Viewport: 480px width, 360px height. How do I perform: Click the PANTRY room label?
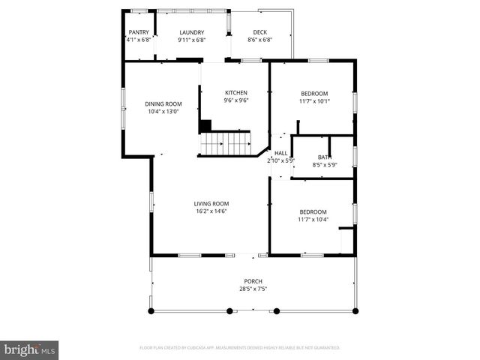tap(139, 32)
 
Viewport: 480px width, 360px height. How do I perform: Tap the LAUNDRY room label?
tap(191, 32)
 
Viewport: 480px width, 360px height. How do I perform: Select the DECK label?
tap(259, 32)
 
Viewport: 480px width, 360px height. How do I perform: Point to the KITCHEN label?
tap(236, 93)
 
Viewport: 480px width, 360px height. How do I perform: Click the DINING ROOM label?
tap(163, 104)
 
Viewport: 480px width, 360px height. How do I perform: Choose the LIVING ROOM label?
tap(211, 203)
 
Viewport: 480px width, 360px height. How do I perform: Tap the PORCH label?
tap(252, 281)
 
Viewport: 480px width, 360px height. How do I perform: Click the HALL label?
tap(280, 153)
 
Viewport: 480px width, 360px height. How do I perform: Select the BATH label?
tap(324, 157)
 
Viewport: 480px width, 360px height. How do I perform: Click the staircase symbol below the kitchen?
tap(226, 143)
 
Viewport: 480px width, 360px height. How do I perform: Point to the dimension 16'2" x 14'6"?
tap(211, 211)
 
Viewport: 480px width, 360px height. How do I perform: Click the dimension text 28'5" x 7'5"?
tap(252, 289)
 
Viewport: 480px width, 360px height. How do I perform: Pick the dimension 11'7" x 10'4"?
tap(313, 219)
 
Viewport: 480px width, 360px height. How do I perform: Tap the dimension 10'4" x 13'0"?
tap(163, 112)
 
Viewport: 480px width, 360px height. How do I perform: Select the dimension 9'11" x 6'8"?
tap(191, 40)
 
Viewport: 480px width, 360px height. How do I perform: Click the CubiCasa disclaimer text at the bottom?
tap(240, 348)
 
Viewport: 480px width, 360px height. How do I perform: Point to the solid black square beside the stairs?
tap(205, 126)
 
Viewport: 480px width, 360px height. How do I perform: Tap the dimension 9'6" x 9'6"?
tap(236, 100)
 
